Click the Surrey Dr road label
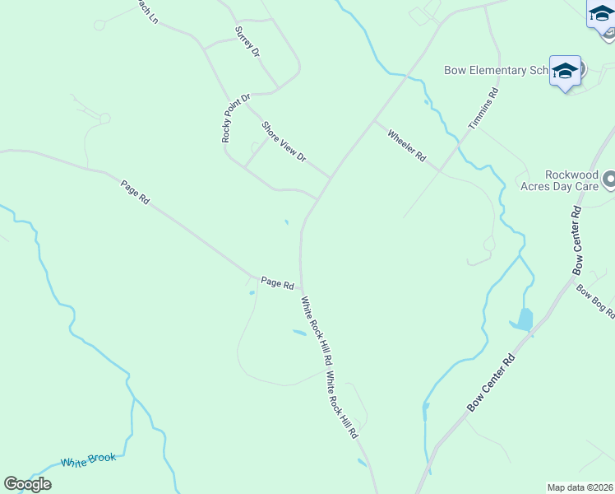[x=247, y=41]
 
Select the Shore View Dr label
[x=284, y=142]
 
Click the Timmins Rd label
[x=483, y=110]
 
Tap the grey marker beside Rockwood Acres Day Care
[x=609, y=179]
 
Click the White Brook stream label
[x=89, y=460]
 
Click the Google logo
[x=28, y=484]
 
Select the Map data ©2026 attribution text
[x=580, y=487]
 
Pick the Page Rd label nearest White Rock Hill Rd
[x=277, y=282]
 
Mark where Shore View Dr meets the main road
[x=331, y=178]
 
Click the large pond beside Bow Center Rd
[x=524, y=319]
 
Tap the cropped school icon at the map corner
[x=603, y=16]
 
